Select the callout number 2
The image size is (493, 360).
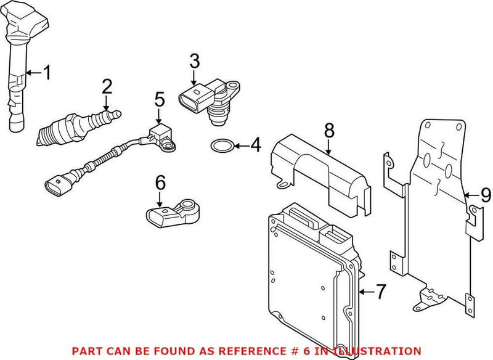107,86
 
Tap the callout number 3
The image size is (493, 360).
194,61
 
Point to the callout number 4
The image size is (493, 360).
255,146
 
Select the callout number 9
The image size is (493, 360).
486,196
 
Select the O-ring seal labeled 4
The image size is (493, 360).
221,147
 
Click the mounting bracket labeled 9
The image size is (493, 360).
431,203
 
